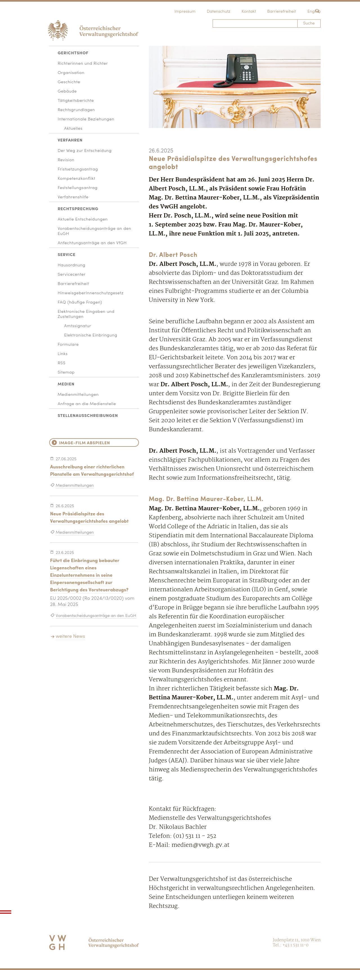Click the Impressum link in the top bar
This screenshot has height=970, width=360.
[184, 11]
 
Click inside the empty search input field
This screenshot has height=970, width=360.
[255, 23]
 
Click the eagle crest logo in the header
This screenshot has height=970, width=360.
[58, 30]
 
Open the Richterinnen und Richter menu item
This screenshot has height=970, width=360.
[82, 63]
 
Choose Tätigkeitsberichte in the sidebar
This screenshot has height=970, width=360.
[76, 100]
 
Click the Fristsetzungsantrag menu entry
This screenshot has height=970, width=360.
[78, 169]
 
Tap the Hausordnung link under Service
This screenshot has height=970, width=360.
[71, 265]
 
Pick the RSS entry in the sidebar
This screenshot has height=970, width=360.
[61, 363]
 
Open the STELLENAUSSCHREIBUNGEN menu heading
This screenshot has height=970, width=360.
[87, 415]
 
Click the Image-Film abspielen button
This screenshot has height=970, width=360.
[94, 443]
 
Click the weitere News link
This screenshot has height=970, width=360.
[70, 636]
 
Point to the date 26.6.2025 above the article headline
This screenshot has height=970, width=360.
[161, 151]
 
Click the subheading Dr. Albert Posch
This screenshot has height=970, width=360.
[173, 255]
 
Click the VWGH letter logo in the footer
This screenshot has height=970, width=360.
[58, 942]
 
